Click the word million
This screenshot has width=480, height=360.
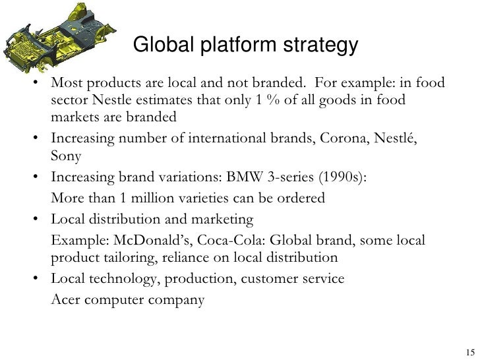click(150, 198)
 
